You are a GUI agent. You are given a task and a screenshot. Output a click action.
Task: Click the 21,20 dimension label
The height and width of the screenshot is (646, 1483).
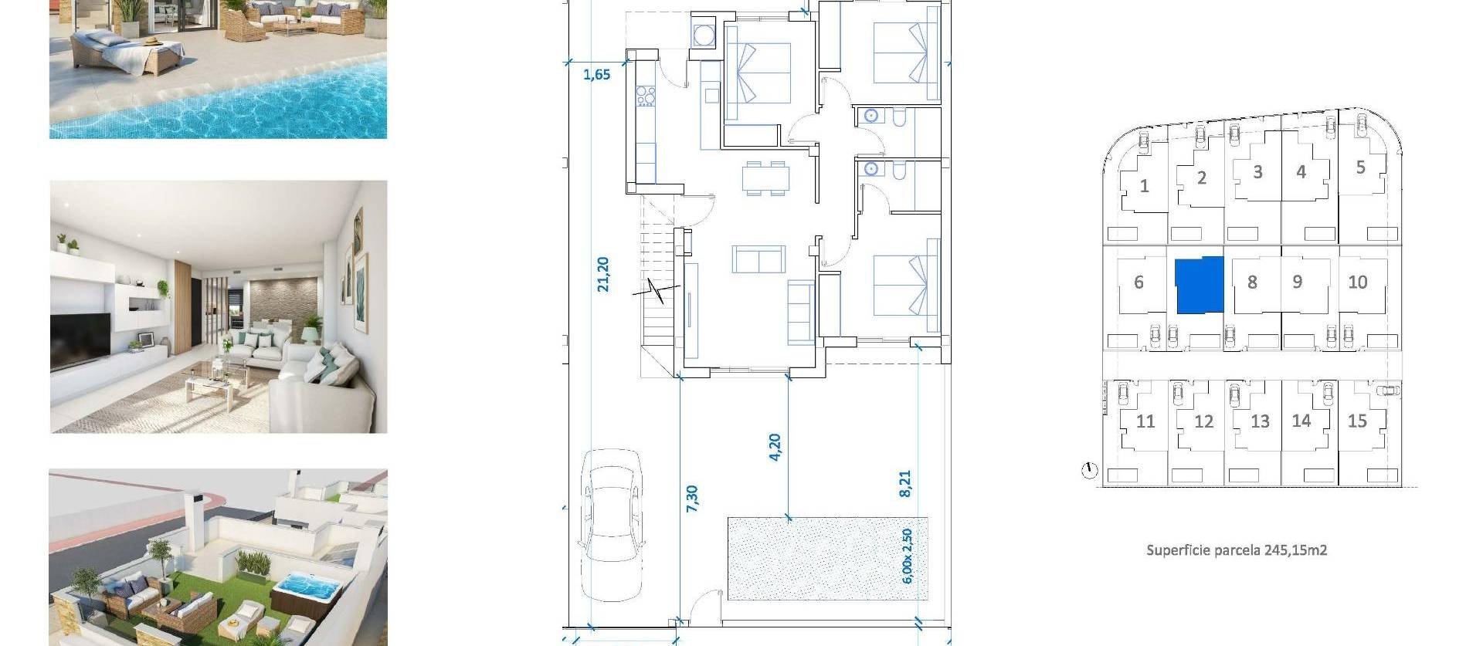603,275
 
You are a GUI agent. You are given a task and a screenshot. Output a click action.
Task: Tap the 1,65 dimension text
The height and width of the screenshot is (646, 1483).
596,75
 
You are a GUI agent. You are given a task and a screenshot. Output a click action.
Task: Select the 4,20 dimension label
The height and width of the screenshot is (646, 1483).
775,448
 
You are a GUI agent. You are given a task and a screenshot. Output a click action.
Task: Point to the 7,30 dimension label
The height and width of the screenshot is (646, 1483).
692,498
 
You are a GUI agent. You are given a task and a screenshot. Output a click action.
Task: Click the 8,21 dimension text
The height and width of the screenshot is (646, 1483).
905,483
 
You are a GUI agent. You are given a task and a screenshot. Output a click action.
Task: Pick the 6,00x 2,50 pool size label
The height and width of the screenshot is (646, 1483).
907,556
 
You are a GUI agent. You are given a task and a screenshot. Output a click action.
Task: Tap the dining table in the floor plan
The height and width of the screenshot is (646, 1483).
766,178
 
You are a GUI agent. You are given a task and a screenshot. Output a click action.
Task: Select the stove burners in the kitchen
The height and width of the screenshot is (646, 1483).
646,97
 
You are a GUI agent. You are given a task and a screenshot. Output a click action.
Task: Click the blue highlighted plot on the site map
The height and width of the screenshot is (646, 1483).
1200,286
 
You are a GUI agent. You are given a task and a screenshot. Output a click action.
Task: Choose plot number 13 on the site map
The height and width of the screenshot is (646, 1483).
1260,421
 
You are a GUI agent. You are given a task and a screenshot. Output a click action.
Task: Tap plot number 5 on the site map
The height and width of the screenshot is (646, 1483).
1360,167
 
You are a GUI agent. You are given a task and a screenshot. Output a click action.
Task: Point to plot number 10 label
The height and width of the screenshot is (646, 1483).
1357,282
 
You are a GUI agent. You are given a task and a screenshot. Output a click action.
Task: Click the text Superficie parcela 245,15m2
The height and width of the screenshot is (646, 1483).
1236,550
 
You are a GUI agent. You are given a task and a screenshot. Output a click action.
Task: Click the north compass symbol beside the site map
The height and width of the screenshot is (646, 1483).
1089,470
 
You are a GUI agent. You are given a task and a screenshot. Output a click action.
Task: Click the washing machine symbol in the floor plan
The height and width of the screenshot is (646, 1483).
704,36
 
